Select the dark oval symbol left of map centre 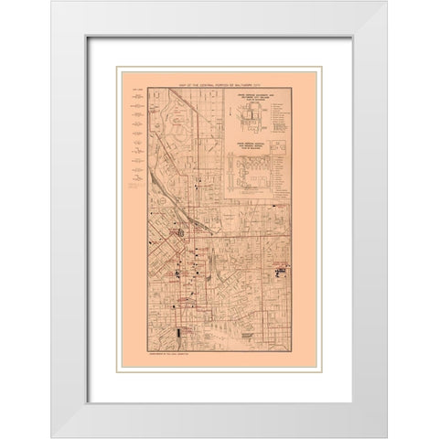click(x=180, y=232)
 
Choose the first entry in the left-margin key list click(x=136, y=98)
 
